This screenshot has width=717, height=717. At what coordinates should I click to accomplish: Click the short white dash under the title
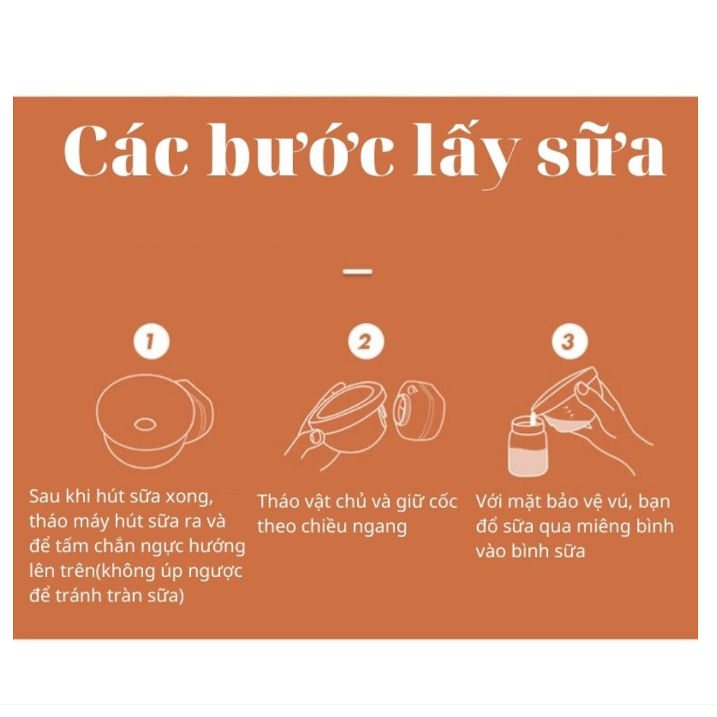point(358,271)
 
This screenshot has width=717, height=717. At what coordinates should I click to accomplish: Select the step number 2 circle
point(365,343)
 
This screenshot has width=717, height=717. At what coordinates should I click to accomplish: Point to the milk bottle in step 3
point(528,445)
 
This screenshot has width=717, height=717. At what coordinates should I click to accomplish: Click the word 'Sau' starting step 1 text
point(44,497)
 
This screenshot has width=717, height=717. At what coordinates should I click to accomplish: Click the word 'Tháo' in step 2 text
point(278,502)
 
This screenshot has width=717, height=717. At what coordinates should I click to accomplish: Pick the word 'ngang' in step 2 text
point(381,527)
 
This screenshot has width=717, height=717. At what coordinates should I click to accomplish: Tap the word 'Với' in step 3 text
point(492,502)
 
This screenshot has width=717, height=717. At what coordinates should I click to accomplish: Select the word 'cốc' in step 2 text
point(441,502)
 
